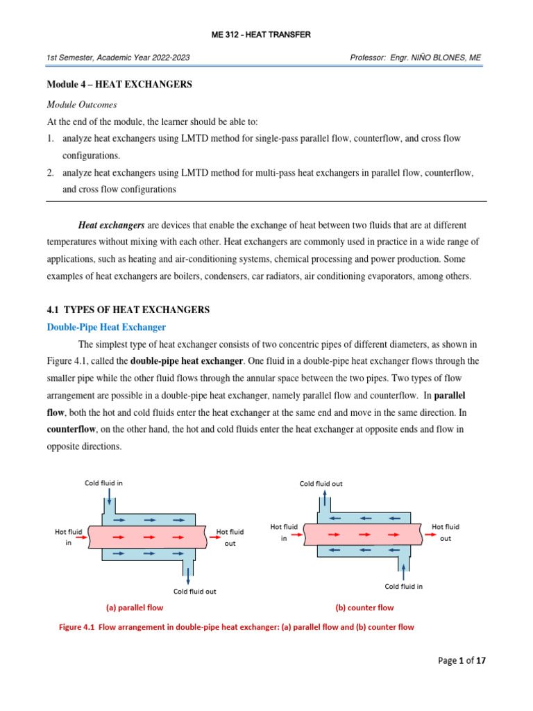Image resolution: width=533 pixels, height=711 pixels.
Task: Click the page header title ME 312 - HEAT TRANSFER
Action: [266, 35]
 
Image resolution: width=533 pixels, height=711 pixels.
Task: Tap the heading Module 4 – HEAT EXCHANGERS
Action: [119, 85]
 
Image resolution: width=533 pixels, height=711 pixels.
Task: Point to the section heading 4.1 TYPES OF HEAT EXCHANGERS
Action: [128, 309]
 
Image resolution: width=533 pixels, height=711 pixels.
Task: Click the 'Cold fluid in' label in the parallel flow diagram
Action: [104, 483]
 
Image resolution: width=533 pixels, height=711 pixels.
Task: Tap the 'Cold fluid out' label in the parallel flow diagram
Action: [194, 592]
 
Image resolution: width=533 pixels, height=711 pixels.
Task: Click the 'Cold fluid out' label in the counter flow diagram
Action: [321, 483]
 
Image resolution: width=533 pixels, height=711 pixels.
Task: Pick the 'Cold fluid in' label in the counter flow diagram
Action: [404, 586]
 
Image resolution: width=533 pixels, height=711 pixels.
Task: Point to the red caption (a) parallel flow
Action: [135, 608]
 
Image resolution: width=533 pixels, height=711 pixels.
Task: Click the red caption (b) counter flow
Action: [364, 608]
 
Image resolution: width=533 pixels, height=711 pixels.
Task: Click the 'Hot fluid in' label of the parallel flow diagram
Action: [69, 537]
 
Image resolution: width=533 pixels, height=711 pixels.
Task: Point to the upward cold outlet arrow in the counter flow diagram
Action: [325, 501]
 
